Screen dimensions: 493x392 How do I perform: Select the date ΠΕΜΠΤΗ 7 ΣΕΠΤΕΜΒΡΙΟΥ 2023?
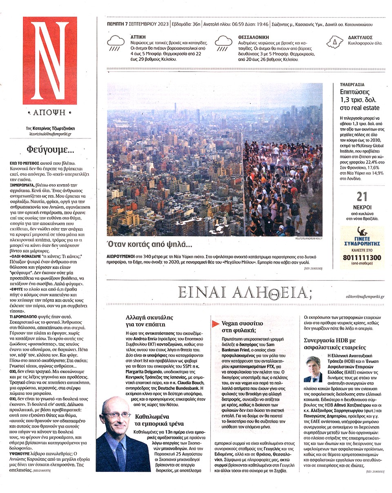(x=137, y=24)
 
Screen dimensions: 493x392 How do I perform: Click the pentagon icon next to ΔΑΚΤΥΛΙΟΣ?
(x=334, y=41)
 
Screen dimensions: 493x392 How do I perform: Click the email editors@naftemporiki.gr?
(x=364, y=296)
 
